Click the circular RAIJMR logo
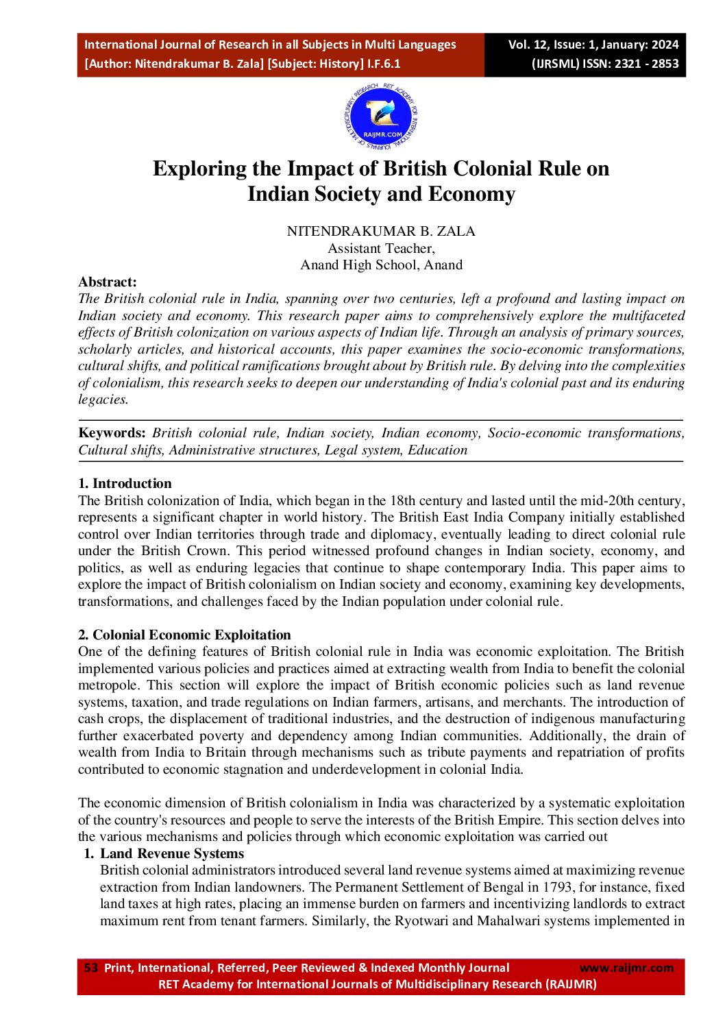coord(381,118)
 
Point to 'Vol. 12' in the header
coord(528,45)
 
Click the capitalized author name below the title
coord(381,231)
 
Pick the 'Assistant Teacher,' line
coord(381,248)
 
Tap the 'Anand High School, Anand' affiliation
coord(381,265)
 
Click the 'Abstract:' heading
coord(108,282)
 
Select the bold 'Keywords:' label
coord(112,432)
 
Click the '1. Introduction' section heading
coord(125,483)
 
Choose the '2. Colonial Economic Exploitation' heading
coord(184,635)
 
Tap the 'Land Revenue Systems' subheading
coord(172,853)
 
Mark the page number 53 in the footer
coord(90,968)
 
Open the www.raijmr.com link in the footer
coord(626,968)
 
